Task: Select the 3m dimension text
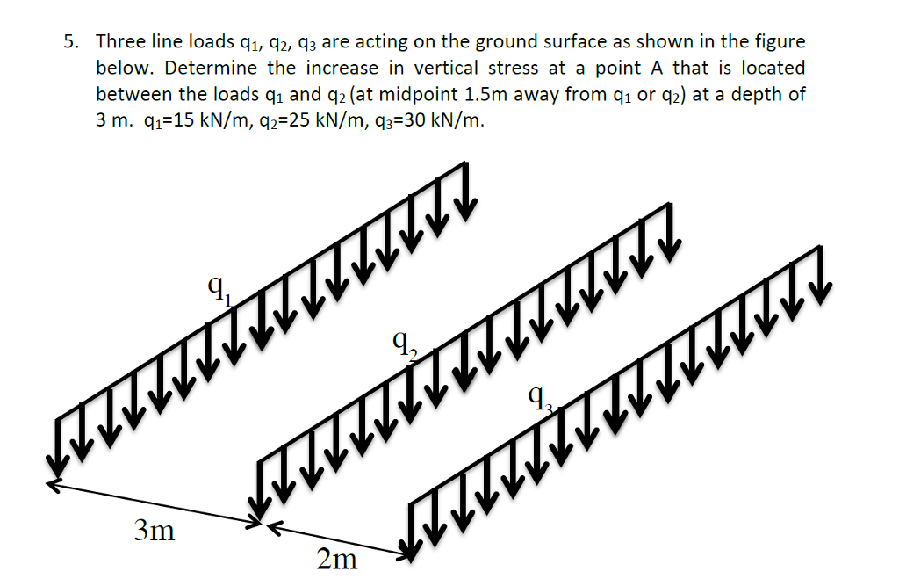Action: [x=154, y=531]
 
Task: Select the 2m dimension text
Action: [x=337, y=559]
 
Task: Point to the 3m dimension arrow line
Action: [x=155, y=503]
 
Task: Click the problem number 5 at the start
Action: [x=70, y=41]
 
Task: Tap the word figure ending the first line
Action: [x=780, y=41]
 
